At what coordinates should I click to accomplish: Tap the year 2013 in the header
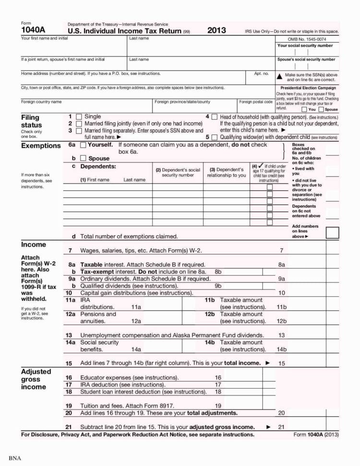(216, 30)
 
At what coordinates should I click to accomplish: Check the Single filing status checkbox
(79, 117)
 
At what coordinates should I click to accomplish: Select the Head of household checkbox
(214, 117)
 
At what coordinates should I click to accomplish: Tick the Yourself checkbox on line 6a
(83, 145)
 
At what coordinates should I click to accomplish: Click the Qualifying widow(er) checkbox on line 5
(214, 137)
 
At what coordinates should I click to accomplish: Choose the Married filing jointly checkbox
(79, 123)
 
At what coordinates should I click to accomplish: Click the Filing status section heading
(31, 121)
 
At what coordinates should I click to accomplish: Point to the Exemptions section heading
(41, 146)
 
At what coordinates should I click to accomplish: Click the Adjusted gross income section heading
(34, 379)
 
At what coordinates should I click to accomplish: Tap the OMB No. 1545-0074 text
(307, 39)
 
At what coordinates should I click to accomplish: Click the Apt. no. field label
(262, 74)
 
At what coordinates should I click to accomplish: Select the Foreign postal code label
(256, 102)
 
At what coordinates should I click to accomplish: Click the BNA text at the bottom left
(15, 458)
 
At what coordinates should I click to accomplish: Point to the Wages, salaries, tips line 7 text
(141, 250)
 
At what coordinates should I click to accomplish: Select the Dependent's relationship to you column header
(226, 172)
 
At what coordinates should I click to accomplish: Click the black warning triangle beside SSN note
(279, 76)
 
